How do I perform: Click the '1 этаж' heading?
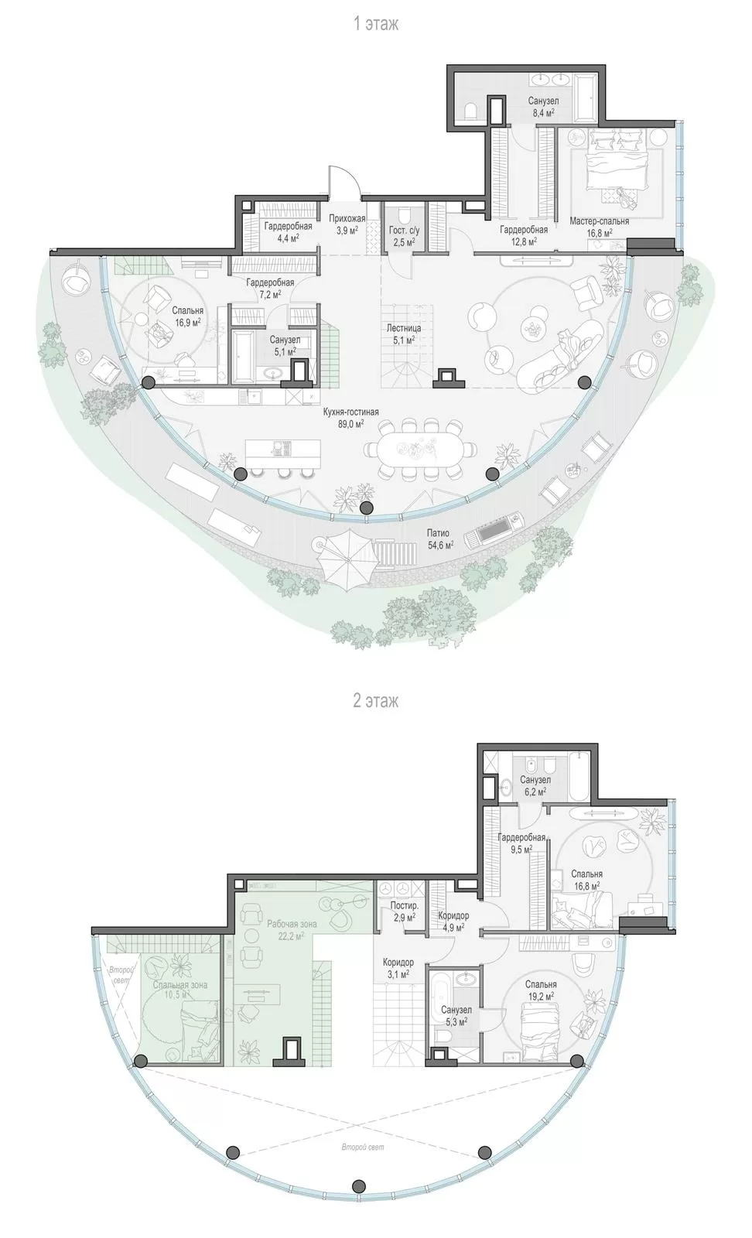click(376, 24)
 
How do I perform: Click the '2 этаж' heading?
click(376, 701)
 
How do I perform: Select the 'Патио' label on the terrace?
click(438, 533)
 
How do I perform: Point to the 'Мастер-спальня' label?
click(600, 221)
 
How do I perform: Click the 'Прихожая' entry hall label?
click(347, 219)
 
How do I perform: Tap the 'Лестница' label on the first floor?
click(403, 328)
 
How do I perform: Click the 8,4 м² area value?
click(543, 112)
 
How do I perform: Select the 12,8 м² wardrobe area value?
click(524, 241)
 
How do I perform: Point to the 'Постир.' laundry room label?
click(405, 906)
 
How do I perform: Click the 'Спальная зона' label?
click(181, 984)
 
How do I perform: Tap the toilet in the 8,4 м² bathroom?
click(470, 112)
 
